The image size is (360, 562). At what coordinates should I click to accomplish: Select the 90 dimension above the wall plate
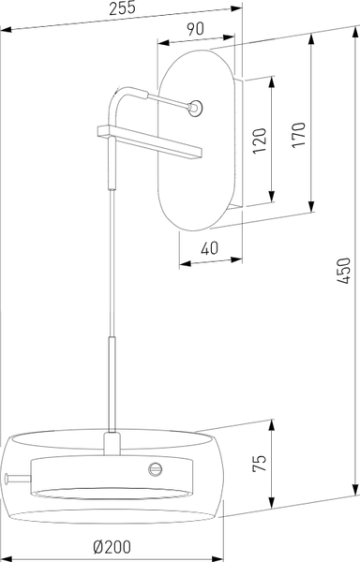click(x=196, y=29)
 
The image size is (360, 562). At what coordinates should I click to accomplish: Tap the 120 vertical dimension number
click(x=260, y=140)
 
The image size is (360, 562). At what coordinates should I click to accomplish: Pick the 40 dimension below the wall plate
click(x=210, y=248)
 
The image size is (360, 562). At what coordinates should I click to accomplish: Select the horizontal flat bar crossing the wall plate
click(x=150, y=140)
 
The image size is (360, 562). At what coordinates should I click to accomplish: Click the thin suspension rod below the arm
click(x=112, y=262)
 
